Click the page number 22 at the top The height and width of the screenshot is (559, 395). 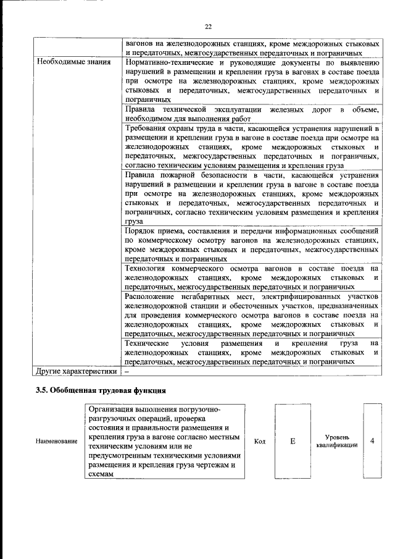click(x=208, y=26)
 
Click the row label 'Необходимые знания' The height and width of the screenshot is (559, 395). click(x=73, y=62)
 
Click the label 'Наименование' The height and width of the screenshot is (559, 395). click(x=56, y=442)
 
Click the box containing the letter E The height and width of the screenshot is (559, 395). click(x=293, y=441)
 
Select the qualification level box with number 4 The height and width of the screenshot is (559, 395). click(x=372, y=441)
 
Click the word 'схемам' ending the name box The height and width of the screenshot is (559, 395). click(x=102, y=474)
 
